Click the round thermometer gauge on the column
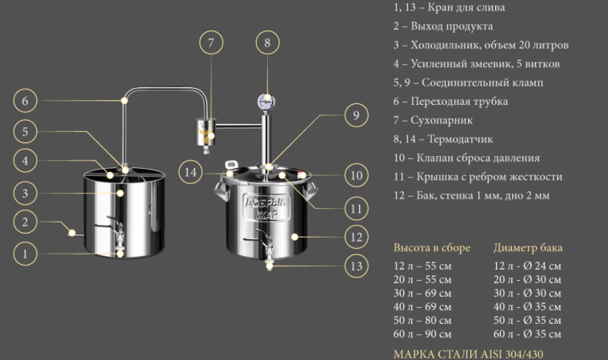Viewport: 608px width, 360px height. pos(266,102)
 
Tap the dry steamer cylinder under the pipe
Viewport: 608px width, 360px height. pos(206,132)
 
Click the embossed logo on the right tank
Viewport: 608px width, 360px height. pos(266,207)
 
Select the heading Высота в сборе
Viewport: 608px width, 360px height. pos(431,247)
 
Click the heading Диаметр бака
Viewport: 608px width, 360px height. pos(528,247)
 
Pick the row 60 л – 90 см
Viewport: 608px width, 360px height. pos(422,334)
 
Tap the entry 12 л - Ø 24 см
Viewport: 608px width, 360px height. pos(527,266)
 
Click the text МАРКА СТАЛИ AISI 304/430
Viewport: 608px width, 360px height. pos(468,354)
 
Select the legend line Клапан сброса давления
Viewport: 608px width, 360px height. pos(478,158)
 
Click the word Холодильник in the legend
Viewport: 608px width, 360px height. pos(443,45)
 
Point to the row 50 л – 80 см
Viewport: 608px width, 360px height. pos(422,321)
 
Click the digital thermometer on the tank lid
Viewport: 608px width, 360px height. pos(231,165)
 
